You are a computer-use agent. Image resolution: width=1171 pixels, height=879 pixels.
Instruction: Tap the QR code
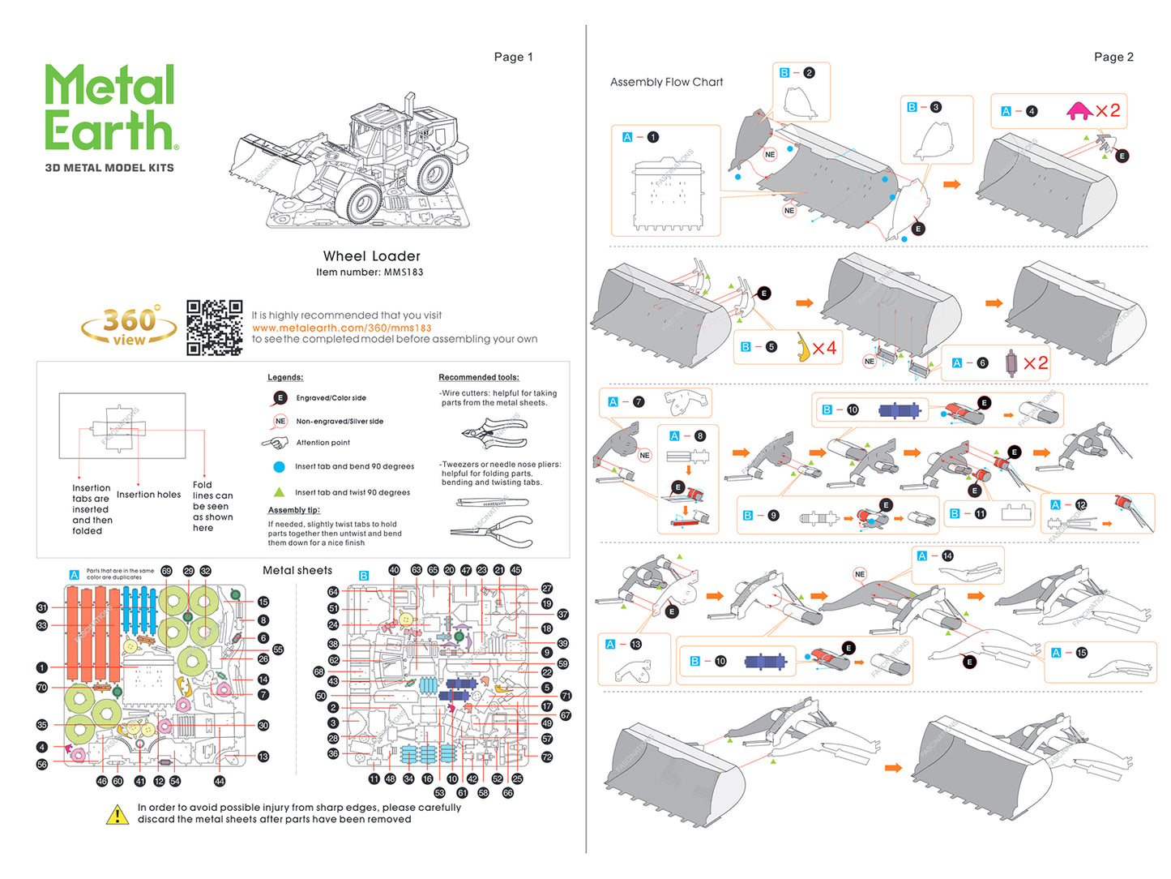click(x=214, y=328)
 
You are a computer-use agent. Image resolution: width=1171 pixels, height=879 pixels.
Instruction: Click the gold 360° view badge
click(x=130, y=326)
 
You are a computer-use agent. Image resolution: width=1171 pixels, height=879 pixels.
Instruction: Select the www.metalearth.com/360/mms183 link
click(x=341, y=328)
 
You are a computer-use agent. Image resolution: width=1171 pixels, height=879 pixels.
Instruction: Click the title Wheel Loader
click(x=371, y=256)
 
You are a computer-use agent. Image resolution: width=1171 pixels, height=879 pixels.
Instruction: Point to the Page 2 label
click(x=1113, y=57)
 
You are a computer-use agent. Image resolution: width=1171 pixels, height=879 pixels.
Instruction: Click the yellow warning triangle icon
click(x=118, y=814)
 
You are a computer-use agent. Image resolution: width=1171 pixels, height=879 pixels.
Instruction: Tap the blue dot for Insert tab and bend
click(x=279, y=466)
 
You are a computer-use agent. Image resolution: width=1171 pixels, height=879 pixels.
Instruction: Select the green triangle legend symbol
click(x=279, y=492)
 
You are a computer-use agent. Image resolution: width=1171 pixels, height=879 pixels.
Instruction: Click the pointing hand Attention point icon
click(x=276, y=443)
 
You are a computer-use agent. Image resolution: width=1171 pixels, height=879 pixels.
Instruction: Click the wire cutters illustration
click(x=495, y=432)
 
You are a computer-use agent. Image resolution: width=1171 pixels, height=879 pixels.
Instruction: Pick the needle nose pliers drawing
click(x=491, y=531)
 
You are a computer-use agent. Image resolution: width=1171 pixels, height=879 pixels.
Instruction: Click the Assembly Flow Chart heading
click(x=666, y=82)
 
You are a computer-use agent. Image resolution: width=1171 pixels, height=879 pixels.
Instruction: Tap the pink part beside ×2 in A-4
click(x=1079, y=111)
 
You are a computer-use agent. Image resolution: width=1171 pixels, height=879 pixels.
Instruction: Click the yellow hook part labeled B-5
click(x=802, y=347)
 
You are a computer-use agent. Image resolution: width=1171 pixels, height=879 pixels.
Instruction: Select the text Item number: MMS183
click(x=370, y=272)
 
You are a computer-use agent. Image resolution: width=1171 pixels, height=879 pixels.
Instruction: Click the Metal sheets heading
click(x=297, y=570)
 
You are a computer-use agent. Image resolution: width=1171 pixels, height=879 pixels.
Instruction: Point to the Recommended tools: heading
click(x=478, y=377)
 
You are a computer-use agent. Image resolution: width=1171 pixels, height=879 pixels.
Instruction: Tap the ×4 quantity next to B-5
click(x=824, y=348)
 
